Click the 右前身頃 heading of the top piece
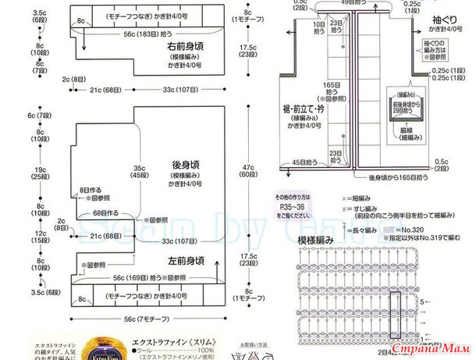185,46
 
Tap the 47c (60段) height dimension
247,173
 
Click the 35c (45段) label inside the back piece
140,173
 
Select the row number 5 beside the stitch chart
422,301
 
